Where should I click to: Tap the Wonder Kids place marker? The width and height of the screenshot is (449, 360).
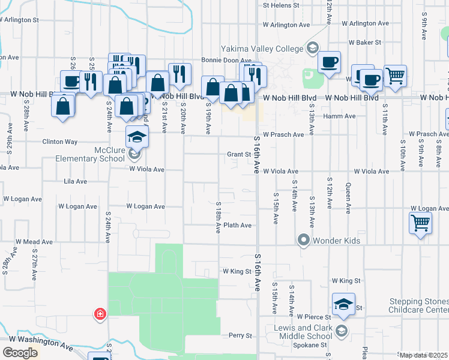[303, 241]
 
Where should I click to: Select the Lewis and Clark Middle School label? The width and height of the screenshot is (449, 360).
[304, 332]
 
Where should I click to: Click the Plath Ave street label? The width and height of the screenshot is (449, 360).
[237, 226]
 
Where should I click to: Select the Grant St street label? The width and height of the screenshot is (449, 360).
[238, 154]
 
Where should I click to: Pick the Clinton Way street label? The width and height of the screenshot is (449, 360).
[59, 142]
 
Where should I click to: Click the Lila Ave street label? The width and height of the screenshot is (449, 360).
[76, 181]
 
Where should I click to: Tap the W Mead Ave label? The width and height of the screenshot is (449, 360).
[34, 241]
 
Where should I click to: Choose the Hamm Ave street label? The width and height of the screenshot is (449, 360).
[339, 116]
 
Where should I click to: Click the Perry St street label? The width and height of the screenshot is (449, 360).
[240, 335]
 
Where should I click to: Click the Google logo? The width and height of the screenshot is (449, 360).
[20, 353]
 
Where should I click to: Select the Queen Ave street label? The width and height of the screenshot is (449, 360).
[348, 198]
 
